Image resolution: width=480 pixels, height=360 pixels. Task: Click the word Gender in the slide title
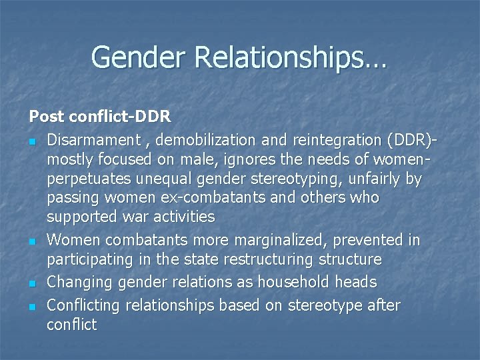tap(139, 57)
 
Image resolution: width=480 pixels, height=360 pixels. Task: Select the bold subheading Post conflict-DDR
tap(100, 117)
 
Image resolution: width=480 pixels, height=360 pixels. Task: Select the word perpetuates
tap(86, 179)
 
